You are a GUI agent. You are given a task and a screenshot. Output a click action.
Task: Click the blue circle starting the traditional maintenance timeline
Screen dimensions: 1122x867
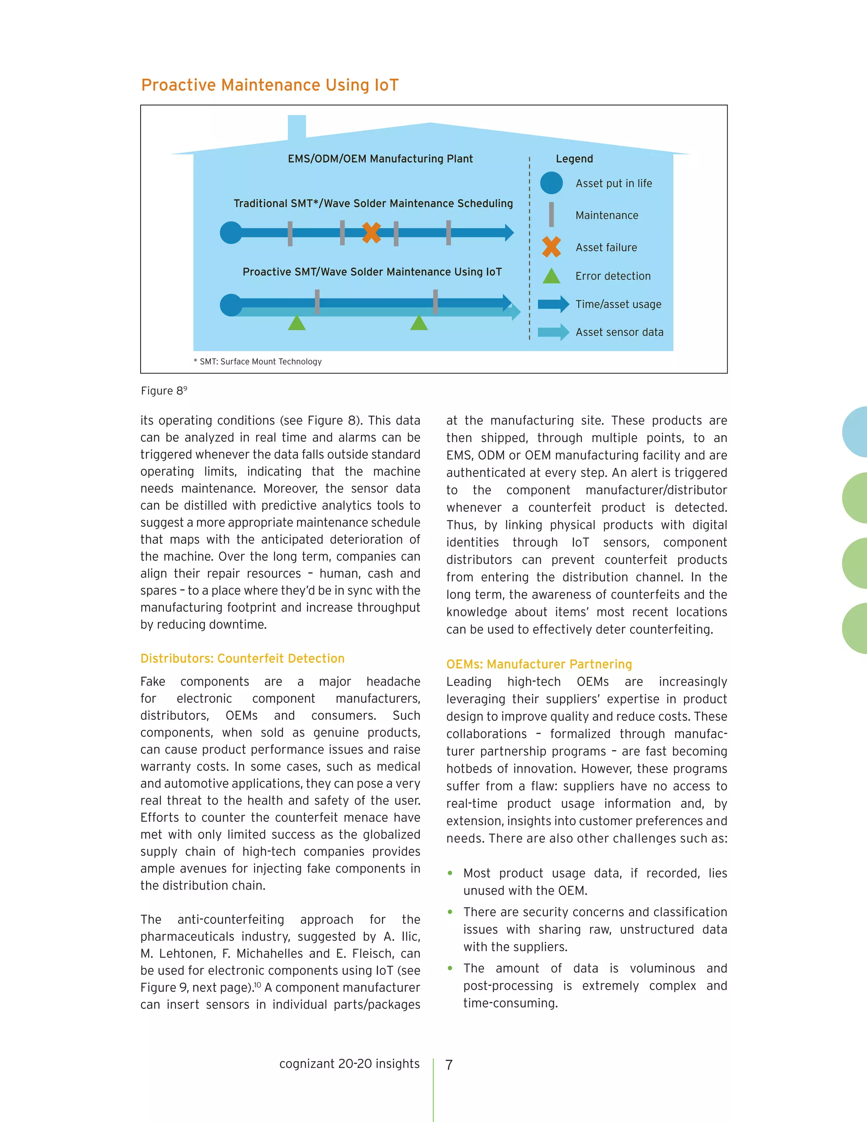click(x=231, y=233)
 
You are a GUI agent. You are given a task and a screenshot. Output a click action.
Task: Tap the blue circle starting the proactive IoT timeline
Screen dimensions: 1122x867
click(x=231, y=305)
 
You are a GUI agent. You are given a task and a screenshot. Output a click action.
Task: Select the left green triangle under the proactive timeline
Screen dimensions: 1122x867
click(x=297, y=323)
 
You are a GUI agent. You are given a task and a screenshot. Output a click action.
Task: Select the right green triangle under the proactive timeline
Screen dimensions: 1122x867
click(x=419, y=323)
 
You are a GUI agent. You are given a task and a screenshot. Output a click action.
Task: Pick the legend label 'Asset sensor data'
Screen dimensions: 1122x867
click(x=619, y=332)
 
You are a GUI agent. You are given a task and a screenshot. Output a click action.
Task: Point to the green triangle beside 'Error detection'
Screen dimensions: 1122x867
click(x=551, y=276)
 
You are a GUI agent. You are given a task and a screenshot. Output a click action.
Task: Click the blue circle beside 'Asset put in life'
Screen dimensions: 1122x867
click(x=551, y=183)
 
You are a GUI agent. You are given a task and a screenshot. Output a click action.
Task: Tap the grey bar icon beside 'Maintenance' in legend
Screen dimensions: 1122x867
click(x=551, y=215)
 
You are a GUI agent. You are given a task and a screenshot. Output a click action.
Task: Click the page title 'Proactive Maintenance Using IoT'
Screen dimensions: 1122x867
click(x=270, y=85)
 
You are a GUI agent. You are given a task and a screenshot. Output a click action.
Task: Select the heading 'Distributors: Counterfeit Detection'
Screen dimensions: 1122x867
click(x=243, y=659)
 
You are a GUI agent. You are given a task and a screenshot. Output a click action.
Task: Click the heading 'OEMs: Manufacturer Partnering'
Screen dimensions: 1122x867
click(x=539, y=664)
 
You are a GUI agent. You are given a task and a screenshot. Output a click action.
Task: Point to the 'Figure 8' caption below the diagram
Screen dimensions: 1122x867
click(x=164, y=391)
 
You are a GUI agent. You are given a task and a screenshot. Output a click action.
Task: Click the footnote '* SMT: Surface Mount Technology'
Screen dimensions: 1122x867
click(x=258, y=362)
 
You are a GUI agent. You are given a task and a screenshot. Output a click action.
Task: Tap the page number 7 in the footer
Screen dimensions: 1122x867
click(x=449, y=1065)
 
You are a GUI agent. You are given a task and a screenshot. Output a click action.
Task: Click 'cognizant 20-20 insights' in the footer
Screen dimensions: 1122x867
click(x=349, y=1064)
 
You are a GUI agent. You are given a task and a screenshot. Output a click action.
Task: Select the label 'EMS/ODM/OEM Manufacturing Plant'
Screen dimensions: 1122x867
click(x=380, y=159)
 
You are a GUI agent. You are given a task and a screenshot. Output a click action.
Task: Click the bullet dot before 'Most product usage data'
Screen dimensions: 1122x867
click(x=450, y=873)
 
